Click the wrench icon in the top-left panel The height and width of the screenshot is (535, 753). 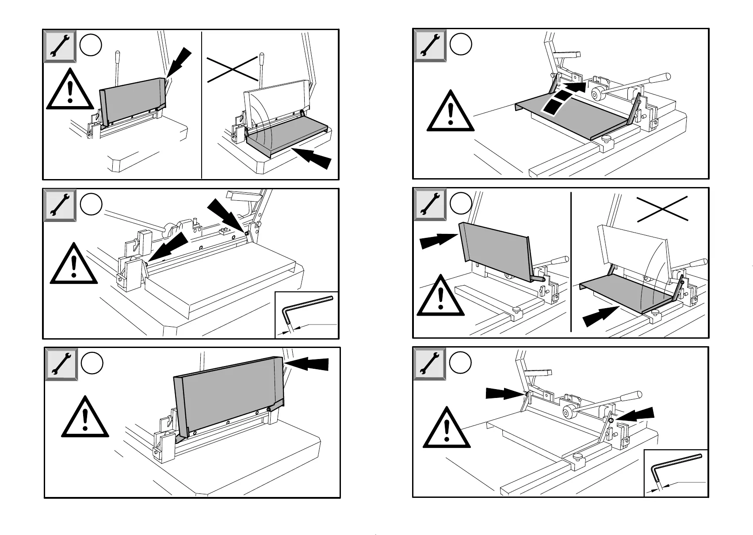click(x=60, y=46)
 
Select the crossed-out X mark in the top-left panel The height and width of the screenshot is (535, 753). click(x=233, y=68)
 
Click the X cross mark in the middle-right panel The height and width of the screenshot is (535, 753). click(x=662, y=209)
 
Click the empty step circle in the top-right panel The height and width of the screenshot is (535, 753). click(x=461, y=44)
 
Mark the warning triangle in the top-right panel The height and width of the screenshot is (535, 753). click(x=450, y=112)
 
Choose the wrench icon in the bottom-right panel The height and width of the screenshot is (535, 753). click(x=429, y=363)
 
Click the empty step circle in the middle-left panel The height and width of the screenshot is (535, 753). click(x=92, y=205)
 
